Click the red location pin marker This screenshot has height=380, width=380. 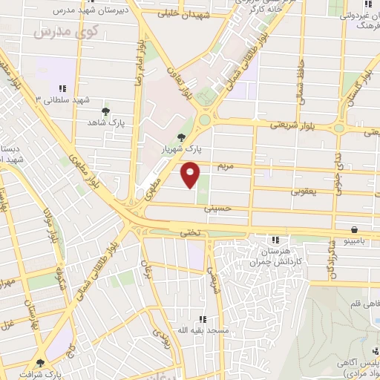[191, 175]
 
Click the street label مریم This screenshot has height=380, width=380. [225, 165]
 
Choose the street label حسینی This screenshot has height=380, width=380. [217, 209]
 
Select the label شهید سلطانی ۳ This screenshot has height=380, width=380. [64, 99]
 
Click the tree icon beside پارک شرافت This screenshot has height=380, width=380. [40, 364]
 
